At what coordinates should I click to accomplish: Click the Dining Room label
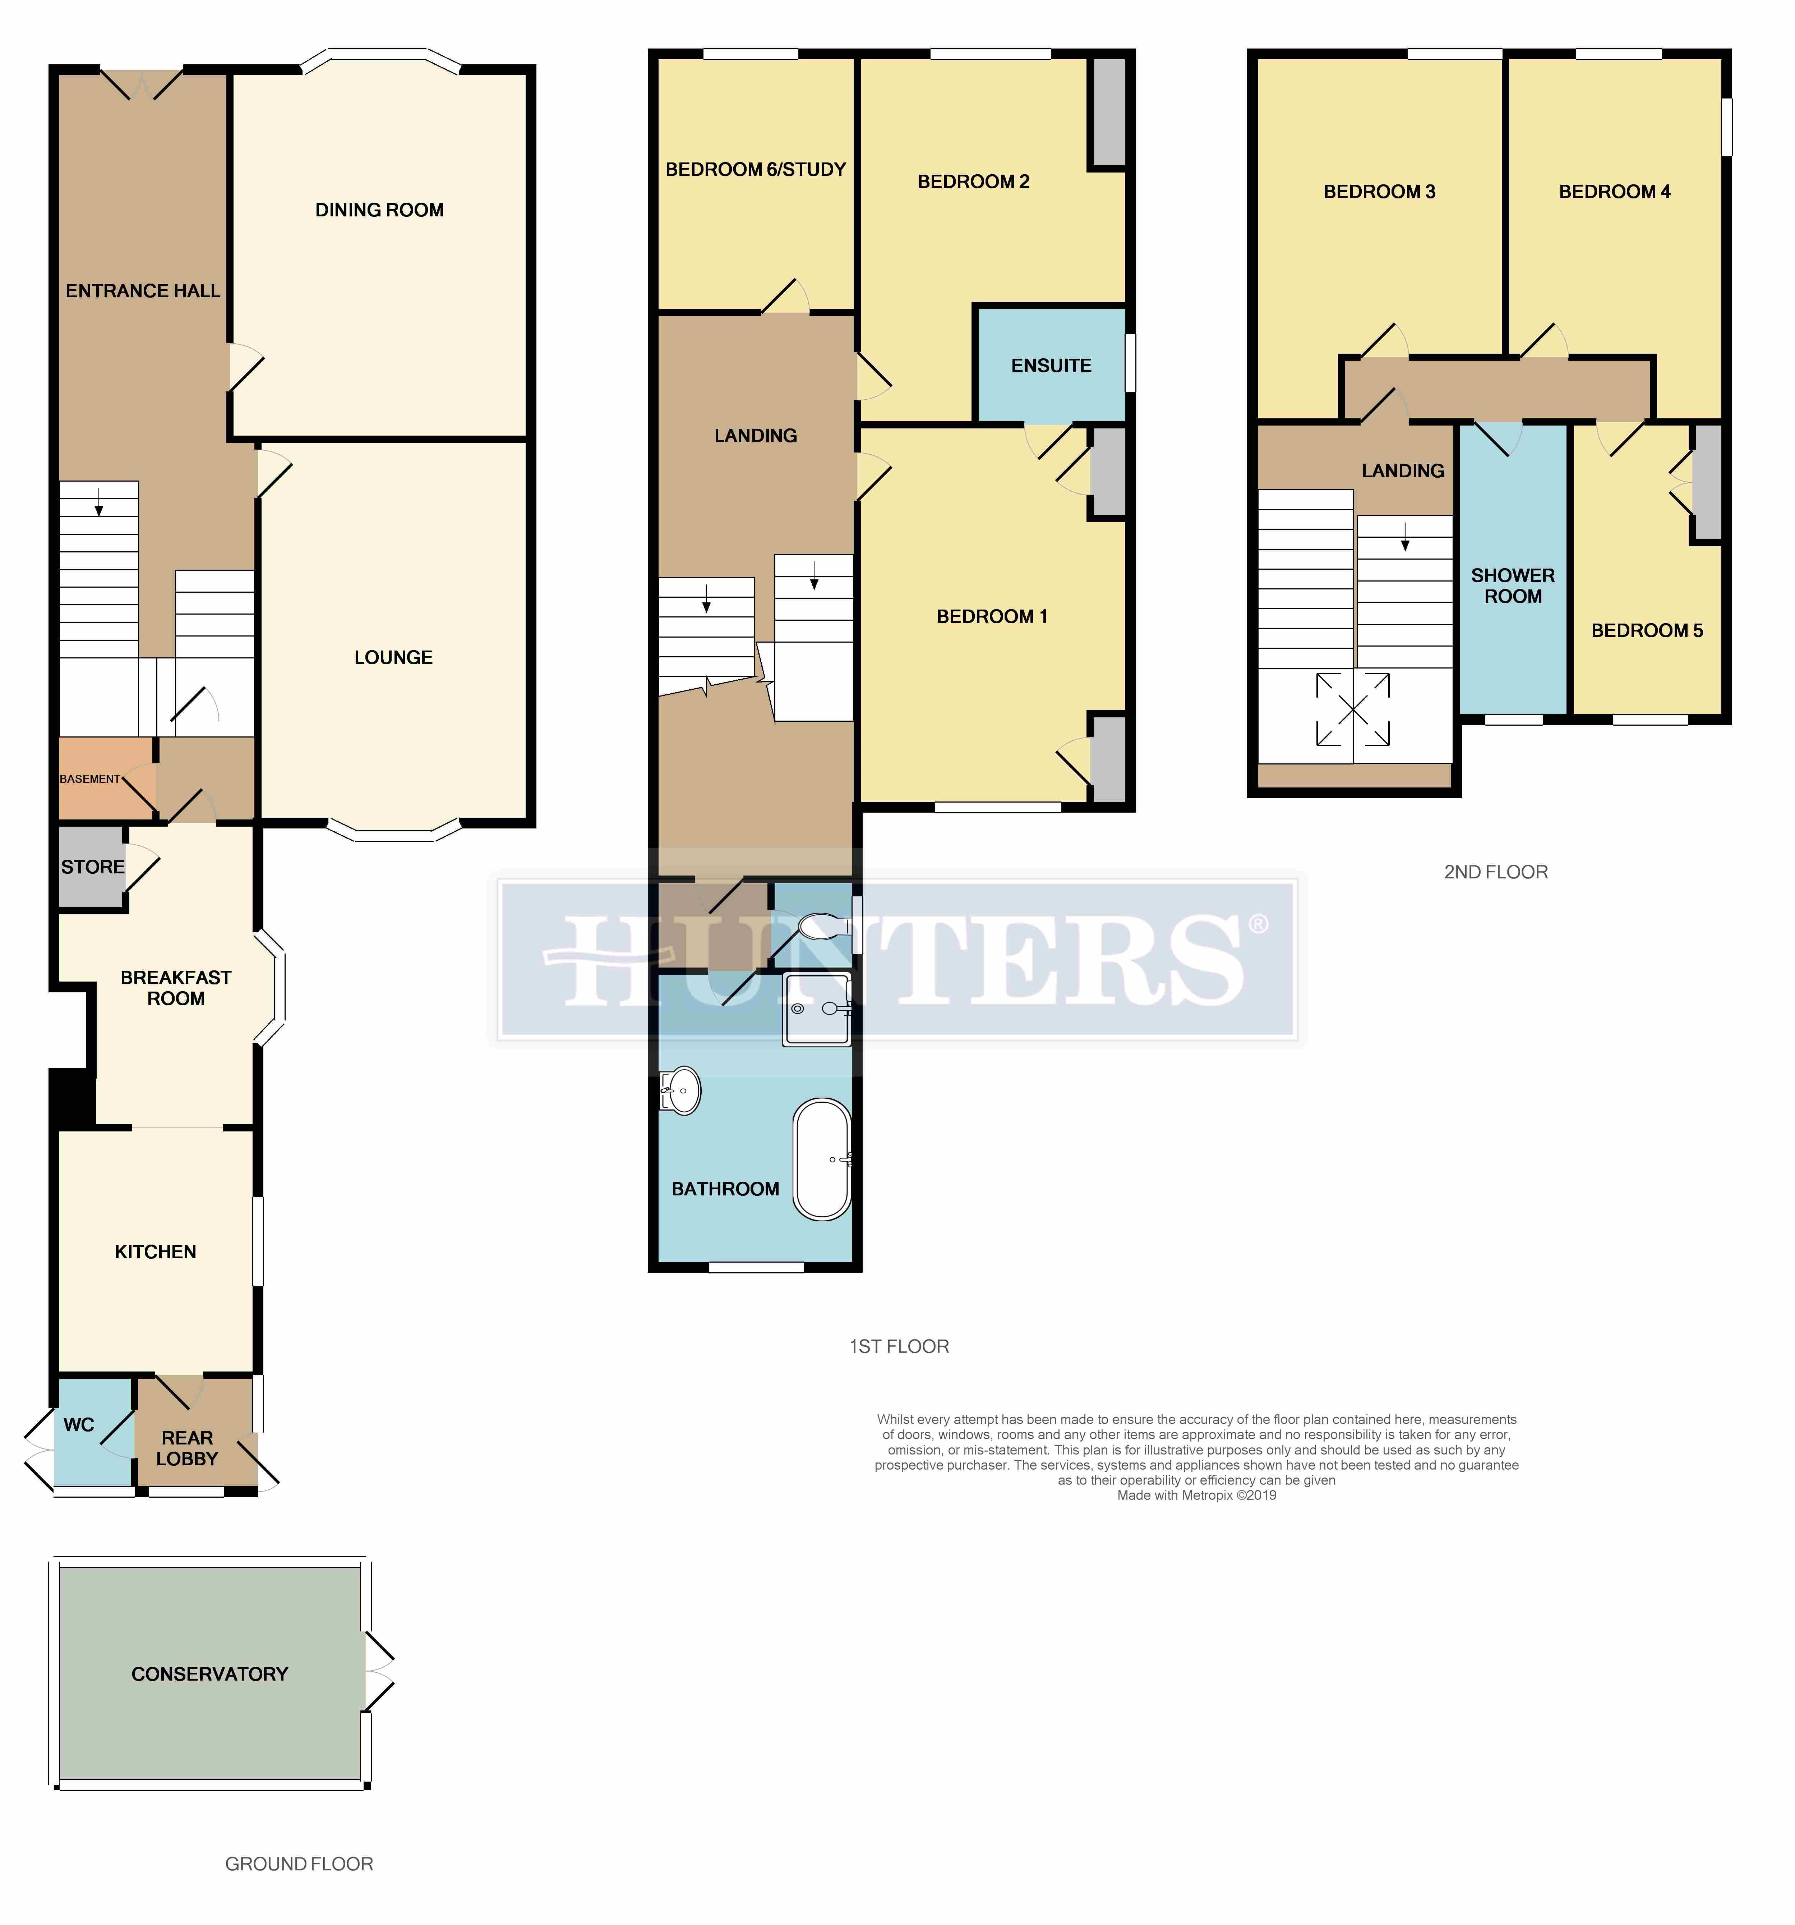379,210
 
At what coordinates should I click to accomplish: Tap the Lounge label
393,657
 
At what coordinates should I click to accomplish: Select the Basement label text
90,778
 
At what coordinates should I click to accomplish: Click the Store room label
93,867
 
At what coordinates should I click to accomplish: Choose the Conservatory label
210,1674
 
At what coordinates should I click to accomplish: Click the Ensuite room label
1051,365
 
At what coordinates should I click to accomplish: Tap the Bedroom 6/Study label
756,169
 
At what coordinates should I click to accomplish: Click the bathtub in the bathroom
822,1159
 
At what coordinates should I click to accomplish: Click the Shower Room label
1513,586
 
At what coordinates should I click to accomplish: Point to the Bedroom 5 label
1647,630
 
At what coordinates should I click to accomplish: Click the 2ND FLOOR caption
1496,872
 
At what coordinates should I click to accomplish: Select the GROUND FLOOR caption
299,1864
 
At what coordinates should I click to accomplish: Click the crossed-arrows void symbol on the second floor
1353,710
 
